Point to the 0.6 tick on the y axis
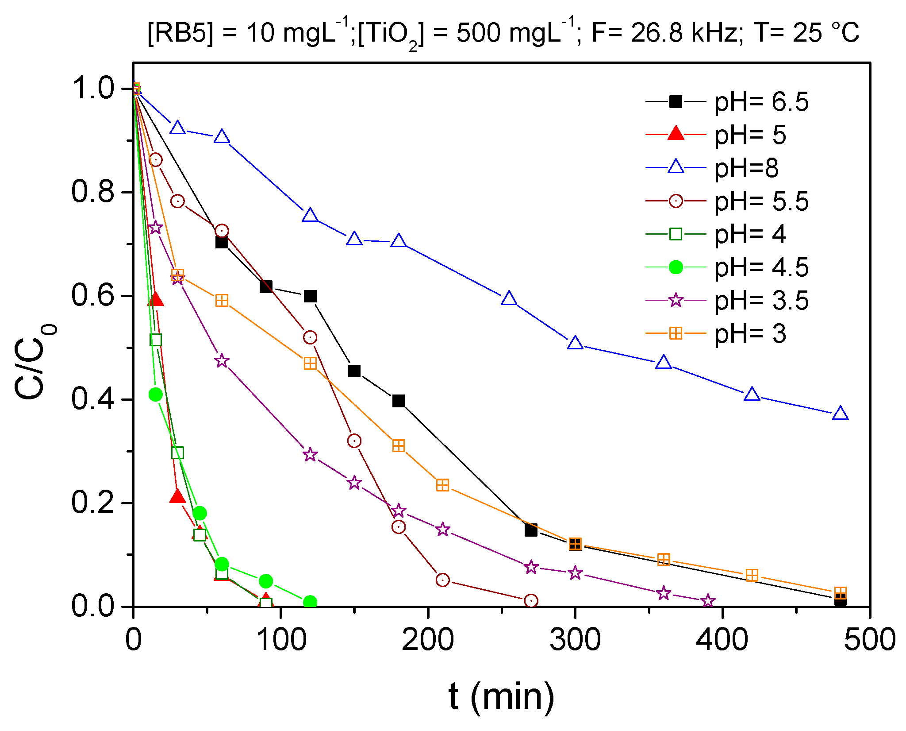click(93, 295)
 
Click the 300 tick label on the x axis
click(575, 640)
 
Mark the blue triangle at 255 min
click(509, 299)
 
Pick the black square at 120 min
click(310, 296)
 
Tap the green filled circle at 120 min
click(310, 602)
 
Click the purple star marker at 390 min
click(708, 601)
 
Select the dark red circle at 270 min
click(531, 601)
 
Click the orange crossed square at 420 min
click(752, 576)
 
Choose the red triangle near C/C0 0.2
click(177, 497)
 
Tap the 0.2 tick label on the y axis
click(93, 503)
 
